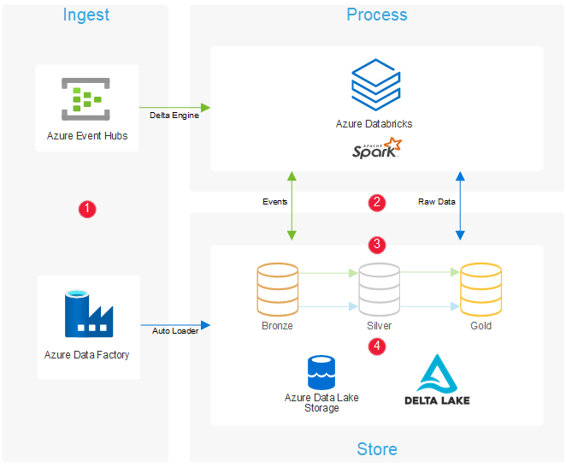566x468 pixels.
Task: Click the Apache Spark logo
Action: coord(376,149)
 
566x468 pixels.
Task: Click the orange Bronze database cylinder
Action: coord(277,288)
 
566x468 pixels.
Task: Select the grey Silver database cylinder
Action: coord(379,288)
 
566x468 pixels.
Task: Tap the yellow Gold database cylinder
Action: coord(481,288)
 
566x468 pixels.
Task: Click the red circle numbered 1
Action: coord(86,208)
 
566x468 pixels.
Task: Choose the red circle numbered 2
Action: coord(377,203)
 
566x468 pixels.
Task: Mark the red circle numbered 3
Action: coord(377,244)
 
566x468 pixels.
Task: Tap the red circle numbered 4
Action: coord(377,346)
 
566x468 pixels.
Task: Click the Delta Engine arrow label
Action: coord(174,116)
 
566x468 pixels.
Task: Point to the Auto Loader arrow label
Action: coord(175,331)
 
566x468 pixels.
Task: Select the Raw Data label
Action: coord(437,202)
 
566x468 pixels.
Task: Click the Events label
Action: coord(274,202)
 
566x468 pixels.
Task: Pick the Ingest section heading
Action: coord(85,15)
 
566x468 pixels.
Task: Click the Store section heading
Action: coord(377,449)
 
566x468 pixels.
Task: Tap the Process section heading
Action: coord(376,15)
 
